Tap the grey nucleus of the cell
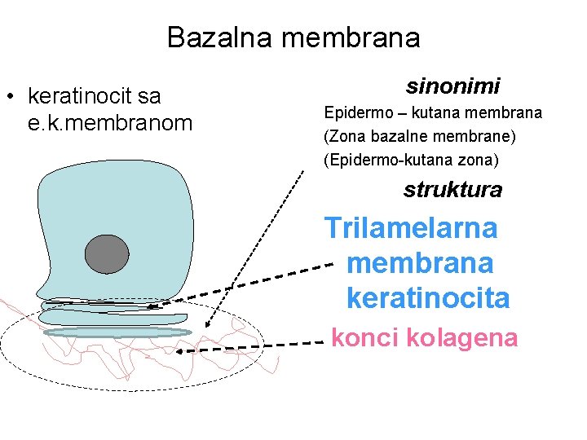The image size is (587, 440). (x=107, y=253)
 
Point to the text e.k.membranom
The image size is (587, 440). (x=110, y=123)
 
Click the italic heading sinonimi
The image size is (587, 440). (x=452, y=85)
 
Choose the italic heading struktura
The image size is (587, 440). (x=452, y=190)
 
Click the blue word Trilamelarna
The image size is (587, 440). (x=411, y=227)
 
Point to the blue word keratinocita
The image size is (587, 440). (x=428, y=298)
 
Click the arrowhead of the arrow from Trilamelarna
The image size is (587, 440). (x=156, y=307)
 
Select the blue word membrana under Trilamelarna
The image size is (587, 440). (x=420, y=263)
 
